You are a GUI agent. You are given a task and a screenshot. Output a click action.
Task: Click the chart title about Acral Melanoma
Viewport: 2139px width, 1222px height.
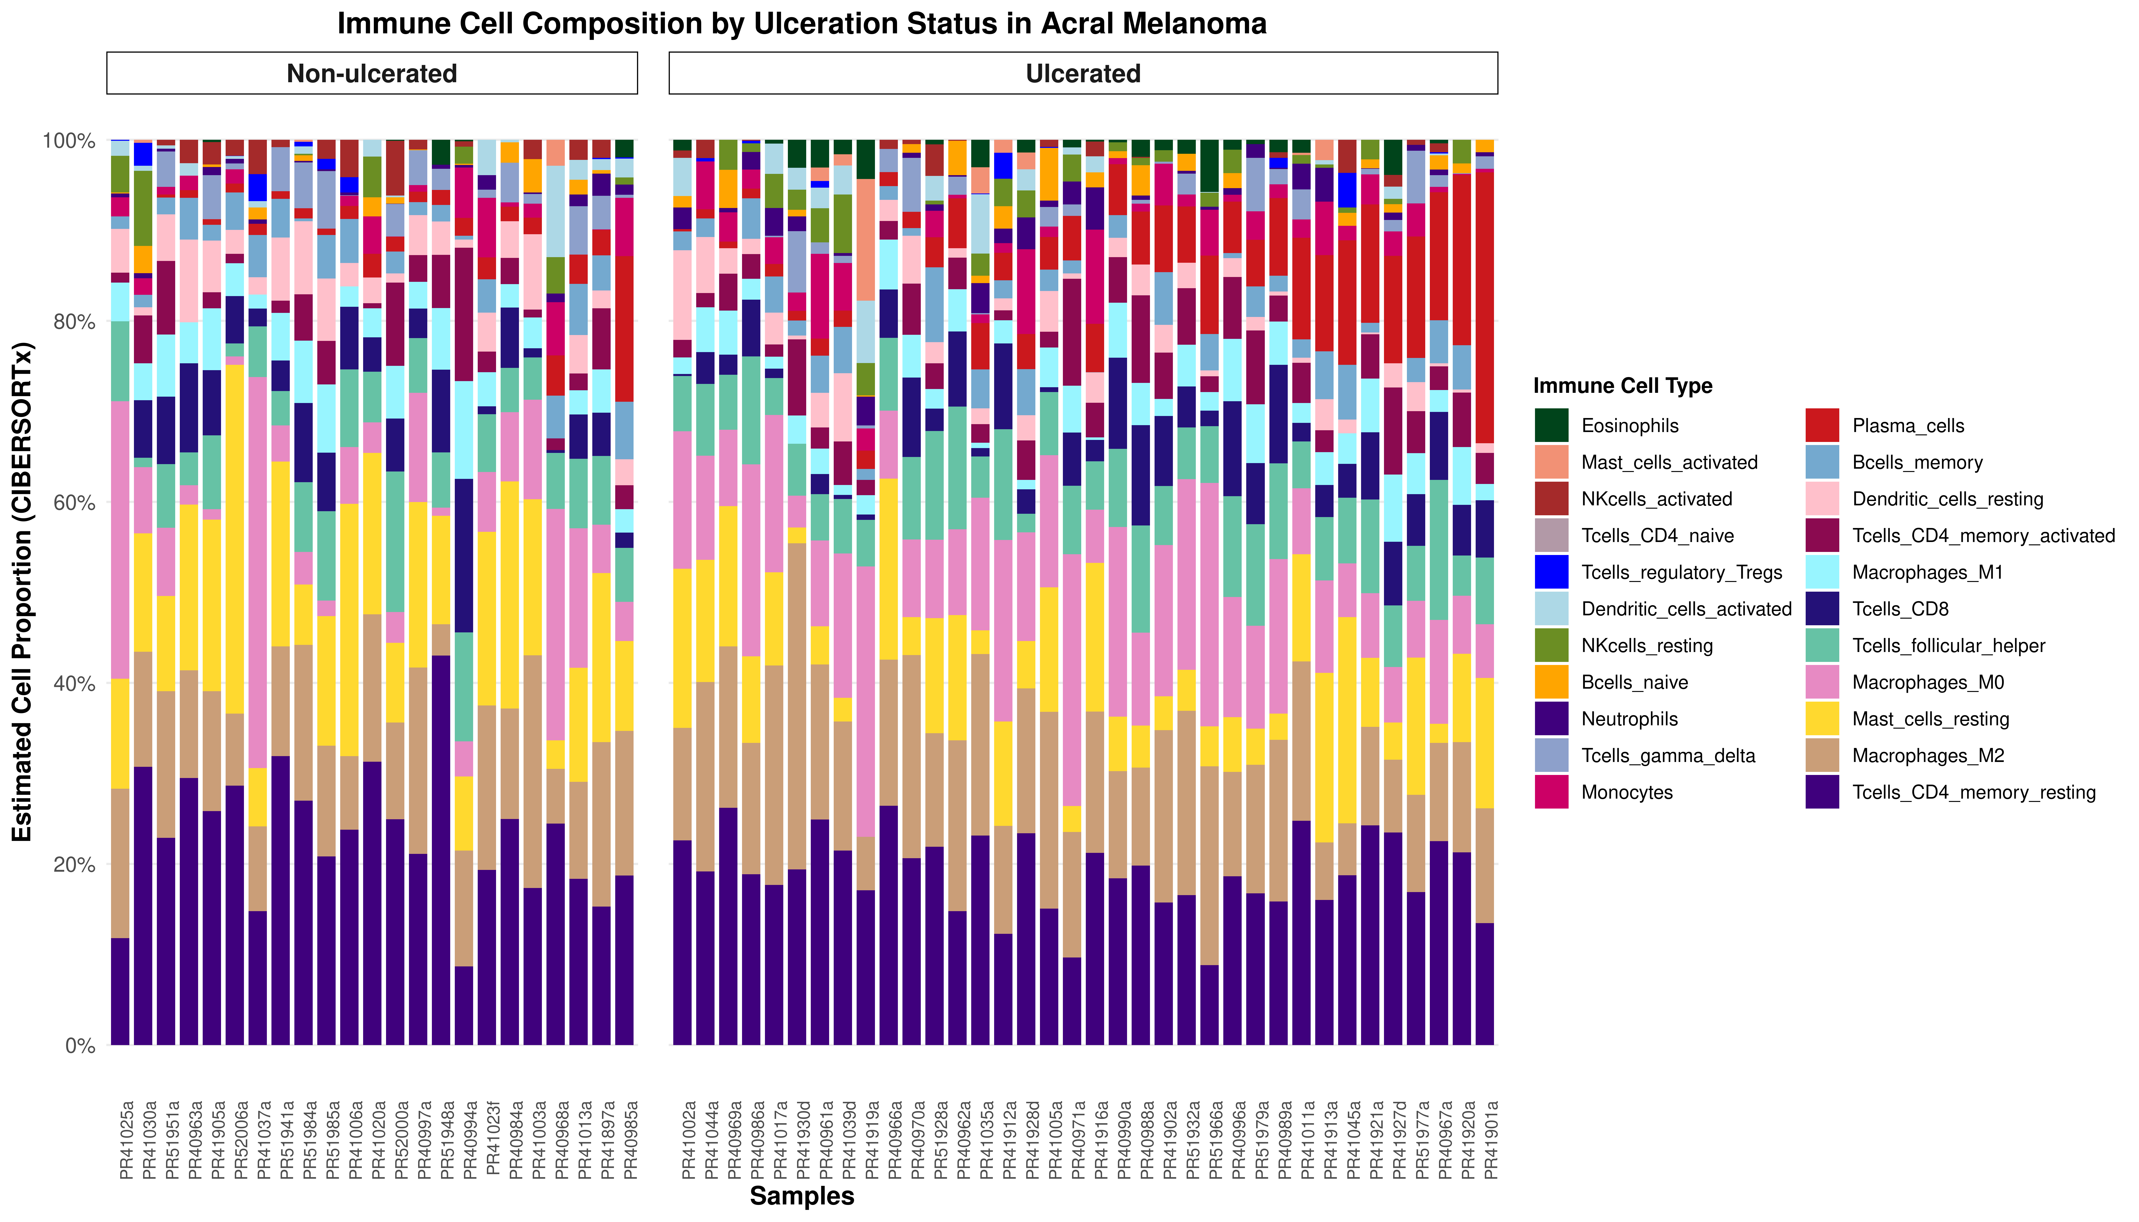[802, 23]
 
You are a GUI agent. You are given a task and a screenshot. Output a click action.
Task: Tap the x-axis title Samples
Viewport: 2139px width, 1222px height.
[802, 1196]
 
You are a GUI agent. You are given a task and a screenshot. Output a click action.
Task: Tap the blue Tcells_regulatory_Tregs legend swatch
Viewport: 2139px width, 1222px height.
[1551, 572]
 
